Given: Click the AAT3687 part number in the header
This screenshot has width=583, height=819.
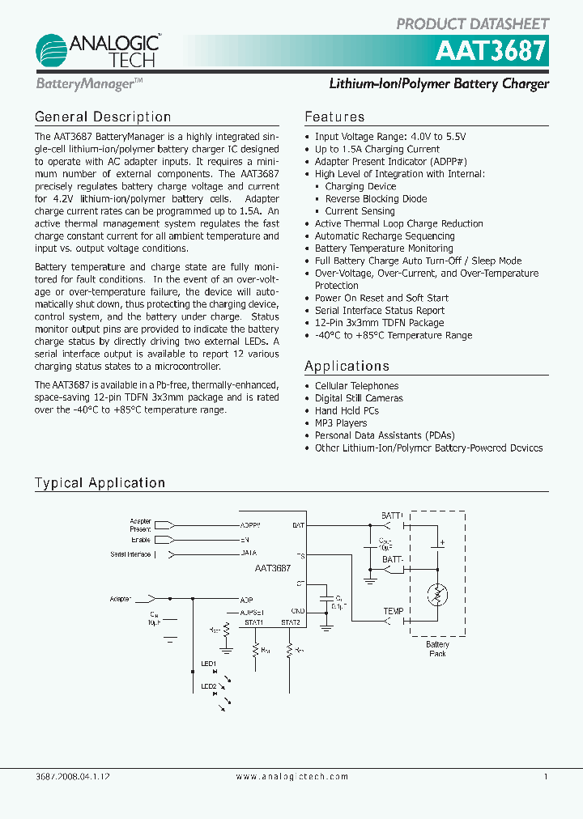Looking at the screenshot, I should click(x=492, y=52).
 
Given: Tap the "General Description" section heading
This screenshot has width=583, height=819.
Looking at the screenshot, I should click(x=103, y=117).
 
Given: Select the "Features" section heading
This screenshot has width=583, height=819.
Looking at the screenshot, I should click(x=334, y=117).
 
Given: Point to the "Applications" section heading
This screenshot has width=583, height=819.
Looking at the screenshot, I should click(x=347, y=367).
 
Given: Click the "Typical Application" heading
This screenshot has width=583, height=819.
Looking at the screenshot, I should click(x=100, y=483).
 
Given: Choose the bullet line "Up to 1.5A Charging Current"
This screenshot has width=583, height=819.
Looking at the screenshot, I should click(x=377, y=150).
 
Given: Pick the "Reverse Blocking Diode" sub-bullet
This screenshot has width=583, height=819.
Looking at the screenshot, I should click(x=376, y=199).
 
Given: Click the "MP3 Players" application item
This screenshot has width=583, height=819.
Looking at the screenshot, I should click(x=340, y=423).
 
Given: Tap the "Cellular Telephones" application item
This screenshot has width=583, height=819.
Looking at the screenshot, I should click(x=356, y=386).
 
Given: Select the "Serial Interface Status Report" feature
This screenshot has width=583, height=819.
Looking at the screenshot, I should click(x=379, y=311).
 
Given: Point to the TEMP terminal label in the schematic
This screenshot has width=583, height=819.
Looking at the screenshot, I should click(x=394, y=612).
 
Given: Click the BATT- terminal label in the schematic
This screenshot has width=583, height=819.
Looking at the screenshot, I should click(x=394, y=559).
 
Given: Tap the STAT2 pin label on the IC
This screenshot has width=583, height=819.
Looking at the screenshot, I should click(x=290, y=622).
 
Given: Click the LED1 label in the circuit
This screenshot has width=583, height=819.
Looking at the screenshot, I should click(x=208, y=664).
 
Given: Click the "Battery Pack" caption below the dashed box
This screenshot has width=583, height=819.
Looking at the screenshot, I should click(x=437, y=649).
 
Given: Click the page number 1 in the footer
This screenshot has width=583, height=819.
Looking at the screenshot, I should click(x=546, y=777).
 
